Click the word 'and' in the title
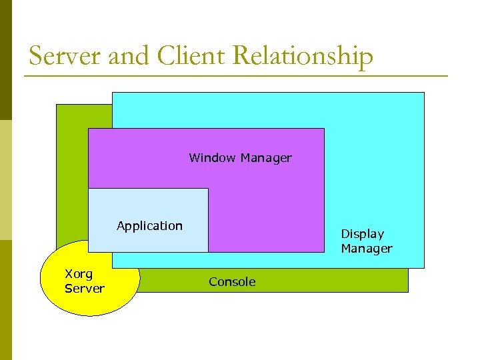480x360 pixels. click(x=129, y=56)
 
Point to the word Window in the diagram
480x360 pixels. click(x=212, y=158)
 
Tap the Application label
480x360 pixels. click(x=149, y=226)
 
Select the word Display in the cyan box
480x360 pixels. click(x=363, y=234)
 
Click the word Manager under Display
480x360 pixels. click(x=367, y=249)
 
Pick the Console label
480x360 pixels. click(x=232, y=282)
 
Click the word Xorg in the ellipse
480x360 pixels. click(x=79, y=273)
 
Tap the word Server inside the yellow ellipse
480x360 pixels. click(x=85, y=289)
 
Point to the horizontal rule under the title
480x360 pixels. click(x=236, y=76)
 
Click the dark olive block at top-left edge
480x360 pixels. click(x=6, y=60)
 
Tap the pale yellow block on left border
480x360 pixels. click(x=6, y=180)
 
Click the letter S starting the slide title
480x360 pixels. click(x=36, y=56)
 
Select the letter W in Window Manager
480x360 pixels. click(x=194, y=158)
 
